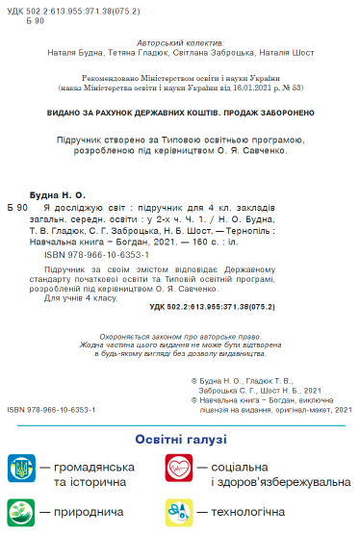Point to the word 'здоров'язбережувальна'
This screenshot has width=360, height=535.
[x=281, y=480]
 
